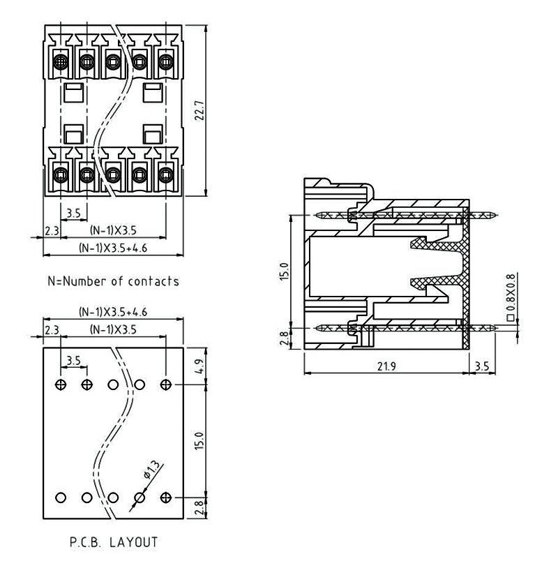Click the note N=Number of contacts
coord(112,282)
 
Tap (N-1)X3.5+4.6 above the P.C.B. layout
coord(112,313)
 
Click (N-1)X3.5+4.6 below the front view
coord(112,247)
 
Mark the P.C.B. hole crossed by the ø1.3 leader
coord(139,498)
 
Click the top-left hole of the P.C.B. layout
coord(61,384)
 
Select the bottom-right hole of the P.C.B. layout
coord(166,498)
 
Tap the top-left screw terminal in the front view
coord(61,61)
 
